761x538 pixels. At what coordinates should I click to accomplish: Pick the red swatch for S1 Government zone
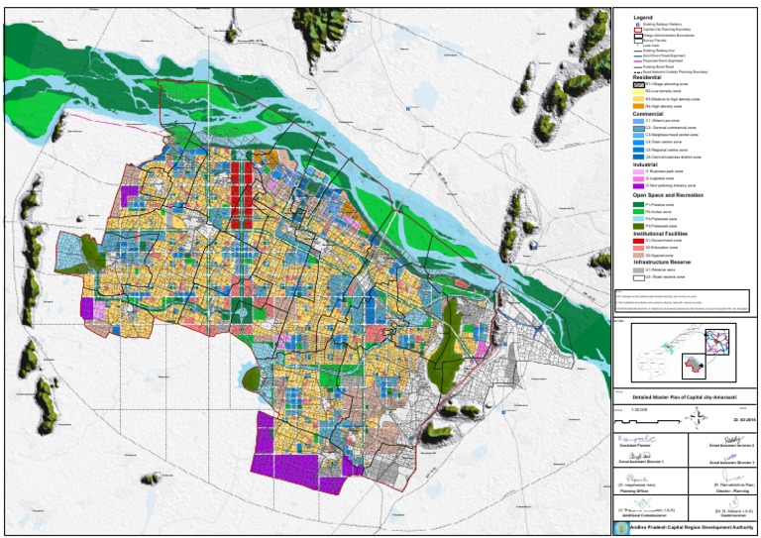(637, 240)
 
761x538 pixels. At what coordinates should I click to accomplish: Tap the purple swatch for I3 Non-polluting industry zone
(637, 185)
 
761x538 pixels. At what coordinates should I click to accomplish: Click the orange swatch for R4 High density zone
(637, 106)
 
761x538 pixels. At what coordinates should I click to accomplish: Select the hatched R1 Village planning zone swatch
(637, 85)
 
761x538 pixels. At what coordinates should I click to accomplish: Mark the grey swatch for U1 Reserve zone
(637, 269)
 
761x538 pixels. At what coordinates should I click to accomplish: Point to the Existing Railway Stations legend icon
(637, 24)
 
